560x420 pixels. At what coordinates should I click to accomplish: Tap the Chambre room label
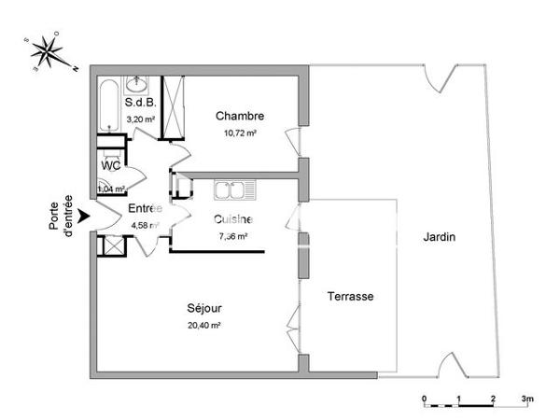[240, 117]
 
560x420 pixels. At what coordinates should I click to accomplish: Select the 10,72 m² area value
[240, 133]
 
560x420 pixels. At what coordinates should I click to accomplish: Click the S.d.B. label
[139, 104]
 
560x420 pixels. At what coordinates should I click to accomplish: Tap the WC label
[110, 165]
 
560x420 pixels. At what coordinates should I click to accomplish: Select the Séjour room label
[204, 309]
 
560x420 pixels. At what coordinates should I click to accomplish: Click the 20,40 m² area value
[204, 326]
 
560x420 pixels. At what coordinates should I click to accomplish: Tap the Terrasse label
[350, 296]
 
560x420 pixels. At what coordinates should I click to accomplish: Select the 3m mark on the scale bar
[527, 399]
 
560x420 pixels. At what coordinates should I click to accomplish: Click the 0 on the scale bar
[425, 399]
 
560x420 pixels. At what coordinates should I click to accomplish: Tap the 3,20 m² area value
[139, 119]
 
